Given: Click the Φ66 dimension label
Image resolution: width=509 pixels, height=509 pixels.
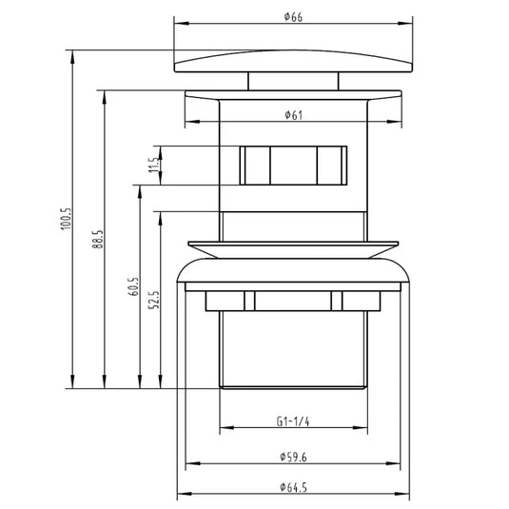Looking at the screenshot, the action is click(x=293, y=17).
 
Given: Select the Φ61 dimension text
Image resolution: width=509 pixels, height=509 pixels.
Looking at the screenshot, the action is click(x=293, y=115).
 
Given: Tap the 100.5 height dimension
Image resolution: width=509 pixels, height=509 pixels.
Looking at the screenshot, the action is click(x=66, y=219).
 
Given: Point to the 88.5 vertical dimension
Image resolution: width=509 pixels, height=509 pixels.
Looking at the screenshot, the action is click(x=97, y=240).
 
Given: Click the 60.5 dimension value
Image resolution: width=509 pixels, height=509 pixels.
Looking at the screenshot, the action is click(x=133, y=286).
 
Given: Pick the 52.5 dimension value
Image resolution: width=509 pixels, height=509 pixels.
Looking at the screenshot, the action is click(x=154, y=300).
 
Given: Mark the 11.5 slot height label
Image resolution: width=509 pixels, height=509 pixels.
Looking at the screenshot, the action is click(x=153, y=165).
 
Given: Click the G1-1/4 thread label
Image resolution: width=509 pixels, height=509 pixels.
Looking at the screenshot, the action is click(x=293, y=421).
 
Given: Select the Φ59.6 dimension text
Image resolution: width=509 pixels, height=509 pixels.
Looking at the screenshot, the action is click(x=293, y=457).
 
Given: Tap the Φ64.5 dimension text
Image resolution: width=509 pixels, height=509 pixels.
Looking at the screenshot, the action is click(x=293, y=487).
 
